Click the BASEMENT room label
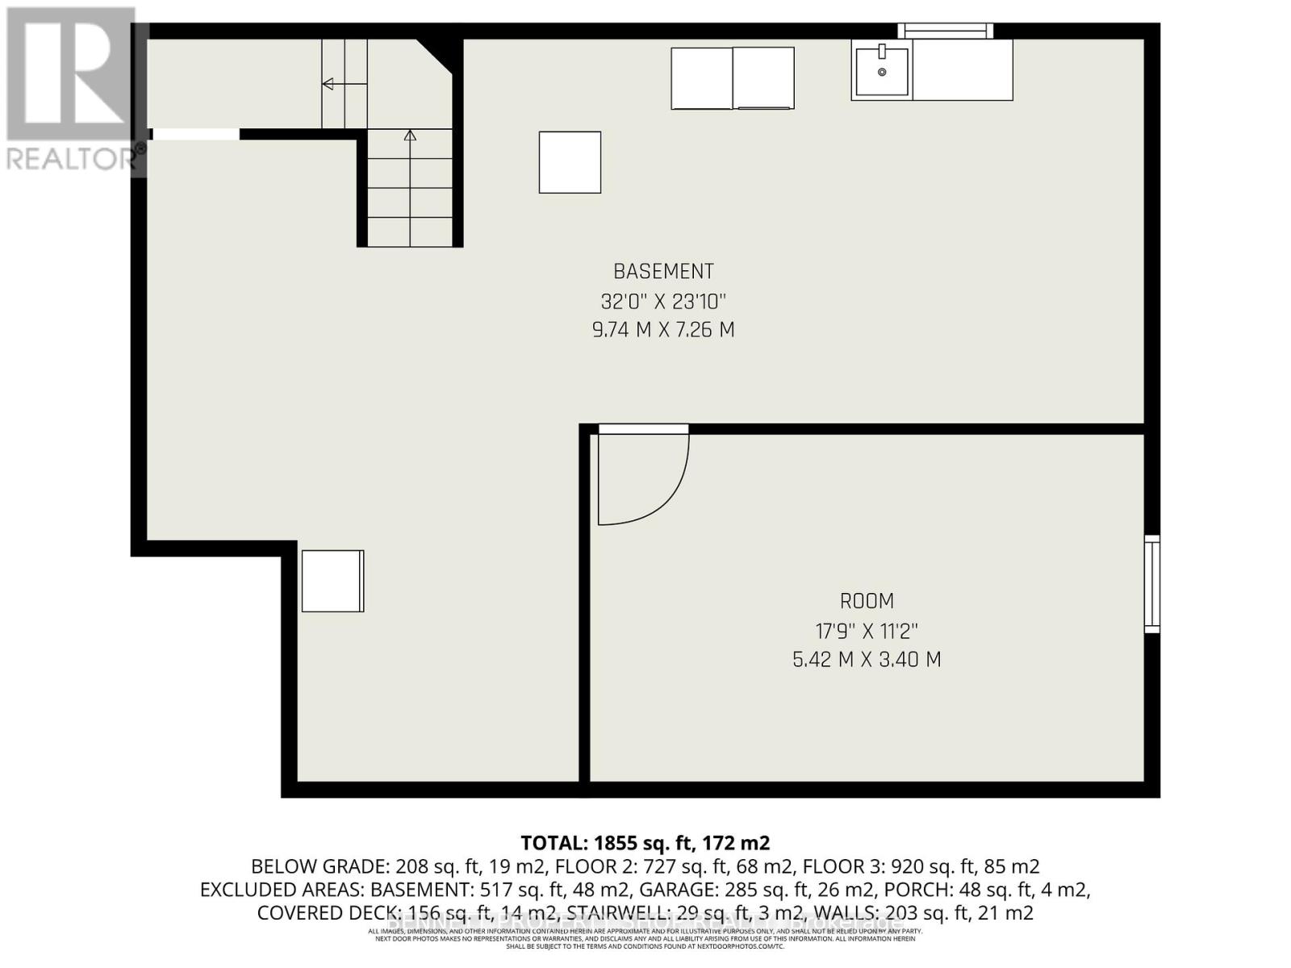[663, 272]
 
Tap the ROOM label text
[867, 602]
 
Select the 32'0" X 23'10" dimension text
[663, 302]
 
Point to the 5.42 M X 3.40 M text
[867, 660]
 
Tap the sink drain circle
[882, 72]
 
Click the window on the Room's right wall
[1152, 583]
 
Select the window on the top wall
[945, 31]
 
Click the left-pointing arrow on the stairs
[329, 83]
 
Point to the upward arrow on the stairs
[410, 136]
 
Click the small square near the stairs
[570, 162]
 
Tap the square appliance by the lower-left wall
[332, 581]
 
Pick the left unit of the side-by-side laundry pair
[701, 77]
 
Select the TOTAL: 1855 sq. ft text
[645, 843]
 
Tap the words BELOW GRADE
[320, 866]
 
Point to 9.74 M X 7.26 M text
[663, 330]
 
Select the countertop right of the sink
[962, 70]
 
